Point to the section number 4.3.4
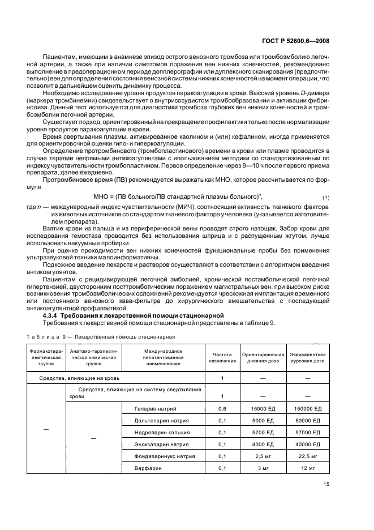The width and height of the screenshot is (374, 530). point(53,315)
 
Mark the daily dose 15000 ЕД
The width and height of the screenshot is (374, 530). point(263,408)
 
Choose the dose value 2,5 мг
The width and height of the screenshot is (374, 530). point(263,456)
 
